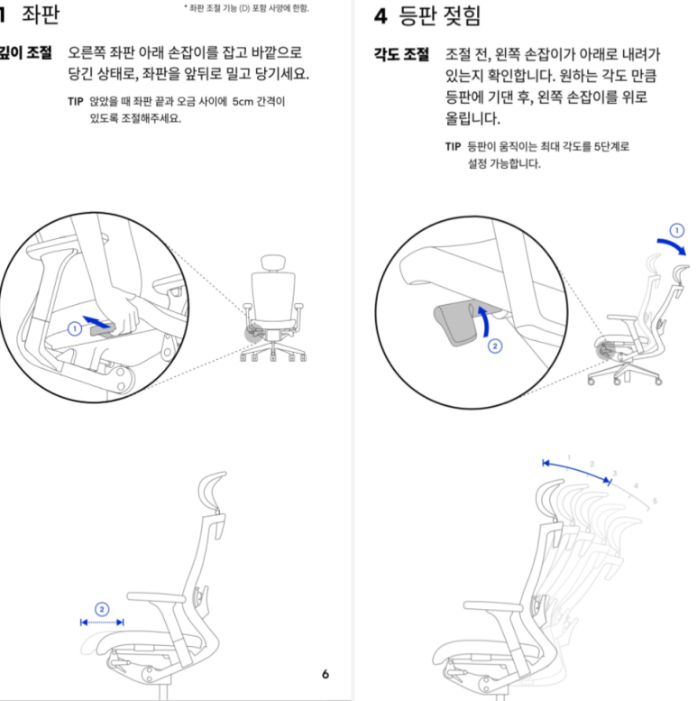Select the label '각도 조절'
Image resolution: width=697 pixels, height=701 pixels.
402,55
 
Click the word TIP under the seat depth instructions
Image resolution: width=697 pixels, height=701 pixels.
75,102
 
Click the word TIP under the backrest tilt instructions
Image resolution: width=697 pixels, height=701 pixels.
452,147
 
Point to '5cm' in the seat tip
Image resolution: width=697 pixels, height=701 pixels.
243,102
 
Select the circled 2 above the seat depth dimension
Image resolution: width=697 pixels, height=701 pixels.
102,609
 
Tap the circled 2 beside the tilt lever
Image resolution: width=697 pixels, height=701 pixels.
493,344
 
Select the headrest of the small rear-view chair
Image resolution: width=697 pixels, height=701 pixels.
270,263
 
